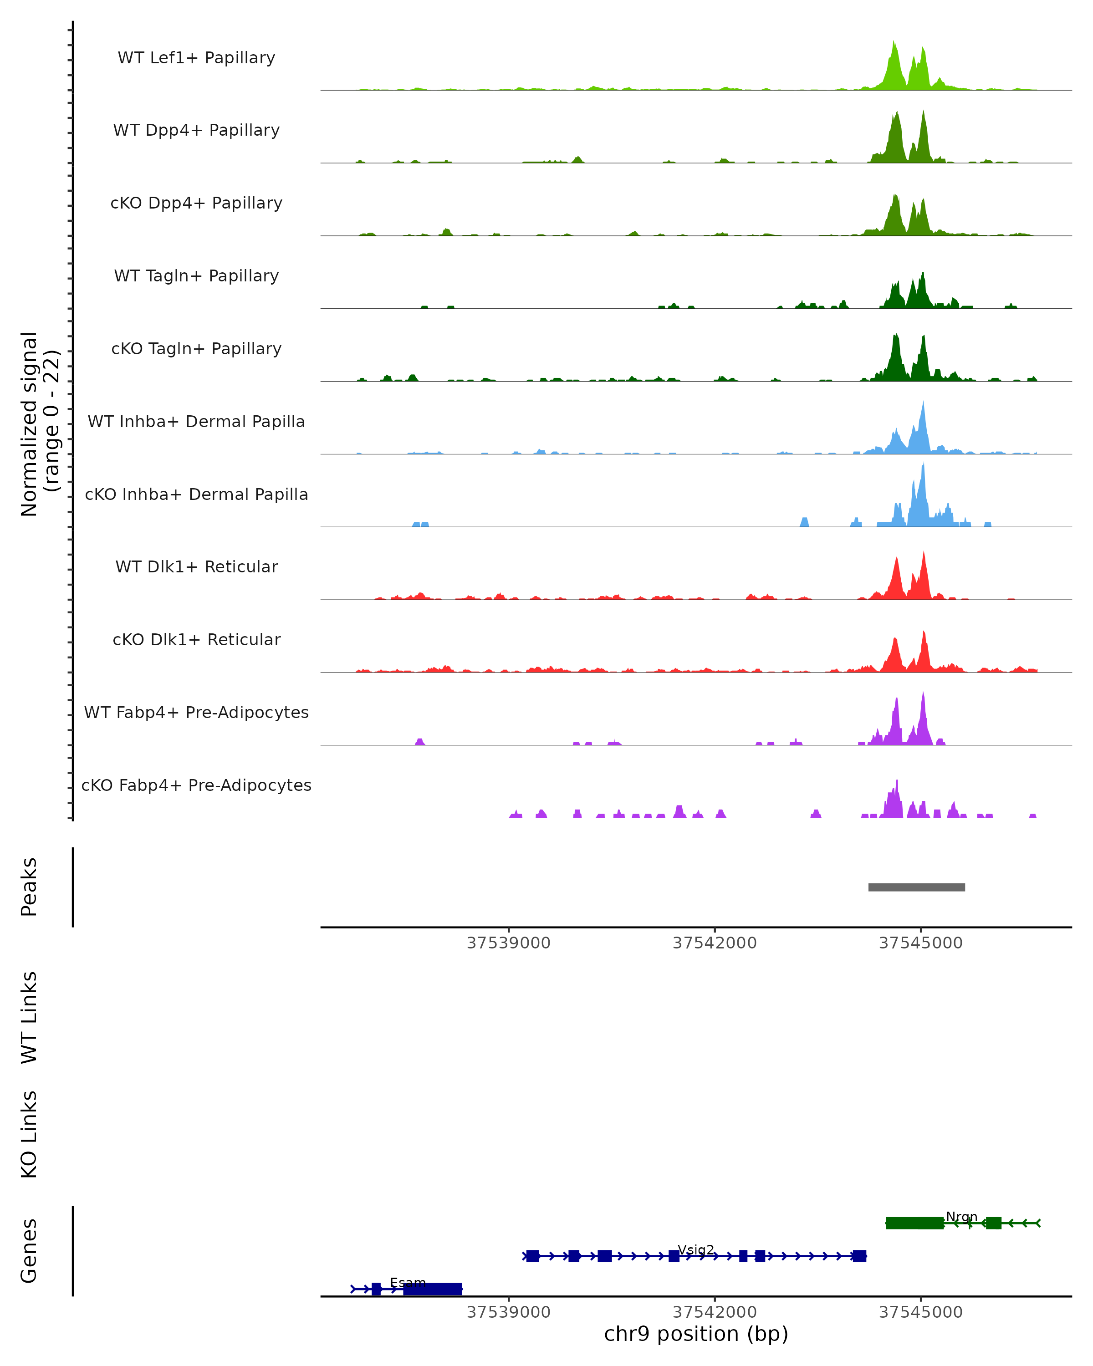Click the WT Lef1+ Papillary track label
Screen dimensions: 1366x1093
click(x=196, y=58)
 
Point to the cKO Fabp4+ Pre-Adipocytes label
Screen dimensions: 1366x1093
click(x=196, y=785)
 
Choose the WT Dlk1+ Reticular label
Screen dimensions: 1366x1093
click(x=196, y=566)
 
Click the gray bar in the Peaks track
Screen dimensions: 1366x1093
click(x=916, y=887)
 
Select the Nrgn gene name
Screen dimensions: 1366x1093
click(x=961, y=1217)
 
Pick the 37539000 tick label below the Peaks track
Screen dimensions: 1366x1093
click(x=508, y=943)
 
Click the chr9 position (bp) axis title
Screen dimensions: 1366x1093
click(x=696, y=1334)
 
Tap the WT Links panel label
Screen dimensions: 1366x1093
click(x=29, y=1018)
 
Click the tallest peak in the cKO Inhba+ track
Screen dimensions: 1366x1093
click(x=923, y=464)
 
